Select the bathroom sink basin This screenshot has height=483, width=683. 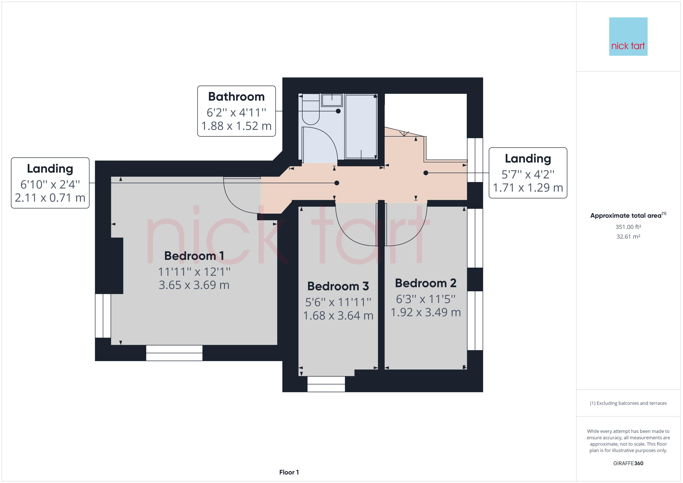(x=332, y=100)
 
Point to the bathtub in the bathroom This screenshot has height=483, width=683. (x=361, y=126)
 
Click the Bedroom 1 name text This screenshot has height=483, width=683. (x=194, y=256)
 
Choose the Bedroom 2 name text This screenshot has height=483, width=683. (x=426, y=283)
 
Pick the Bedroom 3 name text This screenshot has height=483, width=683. (x=338, y=286)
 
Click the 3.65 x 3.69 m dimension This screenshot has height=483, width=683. (x=194, y=285)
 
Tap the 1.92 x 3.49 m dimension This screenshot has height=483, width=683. (x=426, y=312)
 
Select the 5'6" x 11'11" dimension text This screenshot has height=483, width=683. (x=338, y=302)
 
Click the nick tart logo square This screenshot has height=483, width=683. (x=628, y=37)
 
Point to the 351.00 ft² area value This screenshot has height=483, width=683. (x=628, y=227)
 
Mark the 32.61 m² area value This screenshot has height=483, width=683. (x=628, y=237)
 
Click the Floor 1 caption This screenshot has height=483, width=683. (x=289, y=472)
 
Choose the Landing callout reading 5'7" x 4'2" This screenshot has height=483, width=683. (x=528, y=173)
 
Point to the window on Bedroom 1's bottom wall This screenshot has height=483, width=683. (x=174, y=353)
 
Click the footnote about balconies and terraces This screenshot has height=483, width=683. (x=628, y=403)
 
